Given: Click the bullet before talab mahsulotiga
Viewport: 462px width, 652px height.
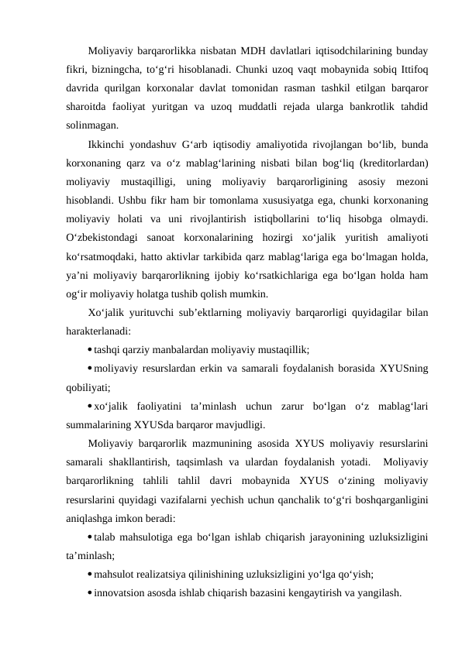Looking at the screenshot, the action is point(91,539).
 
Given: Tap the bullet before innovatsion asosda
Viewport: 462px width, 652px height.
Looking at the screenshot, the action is point(91,594).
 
